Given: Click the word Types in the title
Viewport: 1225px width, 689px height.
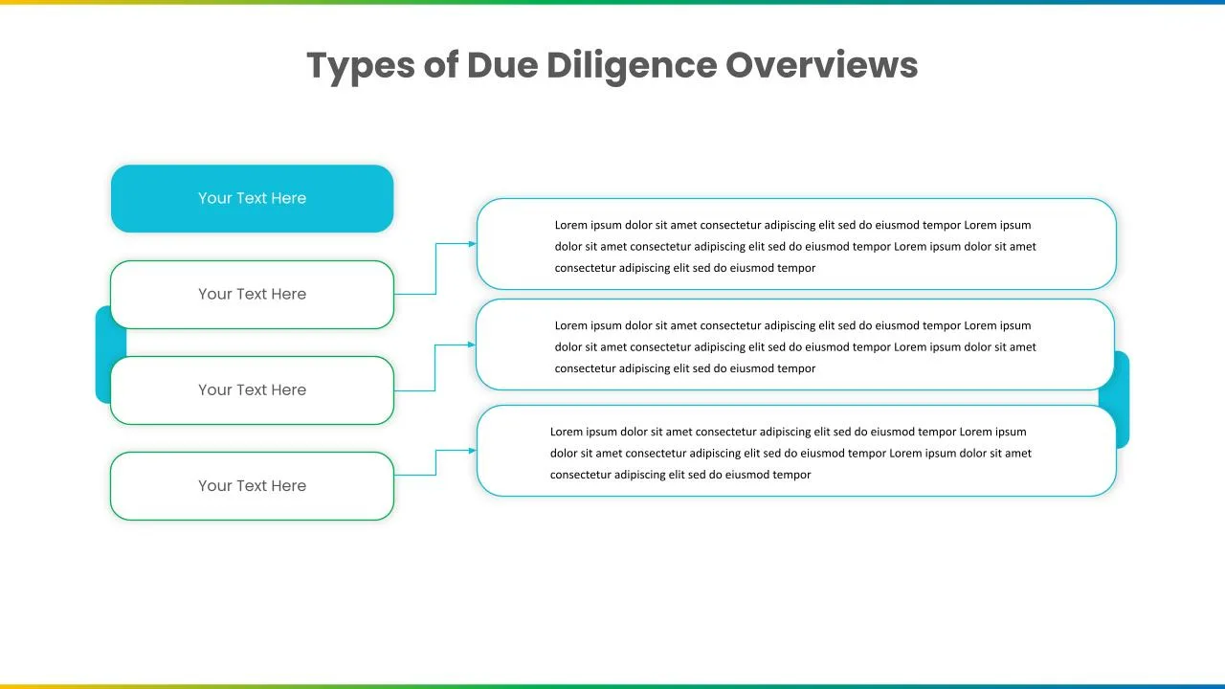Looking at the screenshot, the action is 361,66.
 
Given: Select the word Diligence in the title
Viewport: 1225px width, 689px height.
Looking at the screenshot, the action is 632,66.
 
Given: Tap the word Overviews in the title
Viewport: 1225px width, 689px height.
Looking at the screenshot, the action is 821,65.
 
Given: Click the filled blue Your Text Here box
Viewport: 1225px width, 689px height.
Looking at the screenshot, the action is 252,198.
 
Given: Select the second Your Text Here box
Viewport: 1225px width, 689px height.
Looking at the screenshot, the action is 252,295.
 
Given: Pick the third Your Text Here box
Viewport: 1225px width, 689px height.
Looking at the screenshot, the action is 252,390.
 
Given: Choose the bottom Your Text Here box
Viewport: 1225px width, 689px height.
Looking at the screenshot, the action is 252,486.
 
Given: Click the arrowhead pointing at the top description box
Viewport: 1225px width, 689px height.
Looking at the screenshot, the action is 472,244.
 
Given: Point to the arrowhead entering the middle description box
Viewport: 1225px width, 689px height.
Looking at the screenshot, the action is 472,344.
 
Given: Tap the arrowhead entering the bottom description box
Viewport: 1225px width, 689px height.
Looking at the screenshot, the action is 472,451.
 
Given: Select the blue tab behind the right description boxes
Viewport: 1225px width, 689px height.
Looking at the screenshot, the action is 1121,399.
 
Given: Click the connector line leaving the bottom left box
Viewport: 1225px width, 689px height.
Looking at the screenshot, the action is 435,465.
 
